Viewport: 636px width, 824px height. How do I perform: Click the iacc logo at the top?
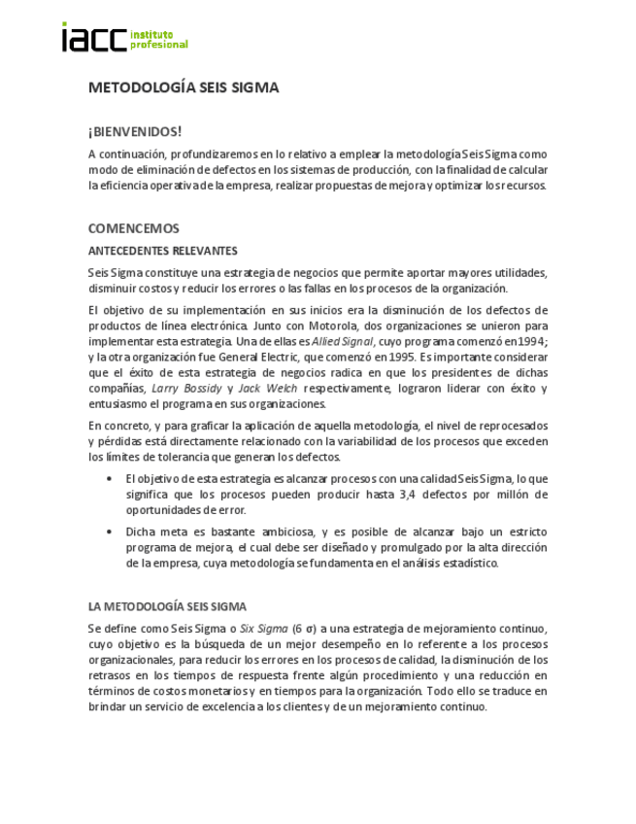(94, 39)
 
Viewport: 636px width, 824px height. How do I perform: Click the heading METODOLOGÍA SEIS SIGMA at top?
(184, 87)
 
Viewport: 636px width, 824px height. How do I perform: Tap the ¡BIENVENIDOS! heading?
(135, 130)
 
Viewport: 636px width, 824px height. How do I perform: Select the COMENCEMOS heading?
(134, 229)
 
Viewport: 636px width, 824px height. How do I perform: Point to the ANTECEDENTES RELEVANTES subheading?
(162, 251)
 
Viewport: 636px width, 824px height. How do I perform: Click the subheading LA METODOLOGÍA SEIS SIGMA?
(167, 606)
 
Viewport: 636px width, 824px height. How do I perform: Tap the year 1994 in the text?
(530, 341)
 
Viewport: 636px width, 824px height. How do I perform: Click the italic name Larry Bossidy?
(187, 389)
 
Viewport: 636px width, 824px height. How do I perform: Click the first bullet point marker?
(108, 478)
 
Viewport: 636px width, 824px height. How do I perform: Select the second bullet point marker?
(108, 532)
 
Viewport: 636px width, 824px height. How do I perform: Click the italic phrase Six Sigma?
(263, 628)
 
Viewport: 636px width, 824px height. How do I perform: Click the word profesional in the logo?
(158, 45)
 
